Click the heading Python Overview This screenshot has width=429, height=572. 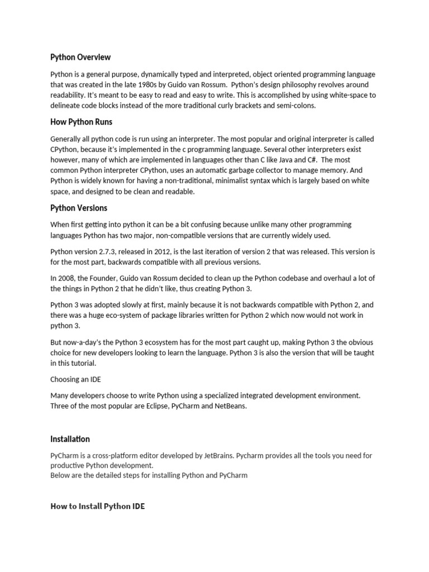(80, 57)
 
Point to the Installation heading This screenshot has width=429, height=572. (70, 439)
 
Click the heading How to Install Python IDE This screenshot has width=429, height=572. (97, 507)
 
